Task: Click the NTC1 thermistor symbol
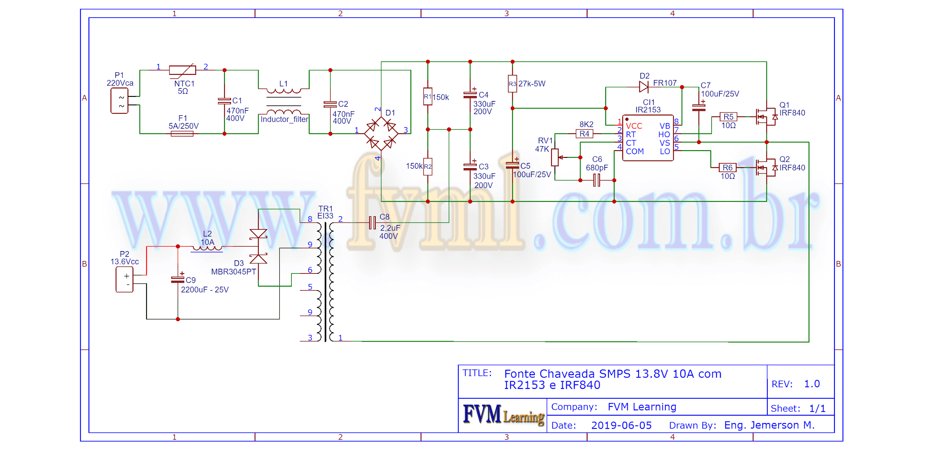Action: (x=182, y=70)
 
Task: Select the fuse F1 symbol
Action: (x=182, y=134)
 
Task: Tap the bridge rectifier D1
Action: (x=381, y=134)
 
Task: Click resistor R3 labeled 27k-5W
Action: (x=512, y=84)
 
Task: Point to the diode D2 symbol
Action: (x=643, y=87)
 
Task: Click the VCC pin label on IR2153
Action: (x=634, y=126)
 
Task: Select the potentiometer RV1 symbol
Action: (x=555, y=157)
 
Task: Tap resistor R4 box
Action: (x=584, y=134)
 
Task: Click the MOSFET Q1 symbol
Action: (x=765, y=117)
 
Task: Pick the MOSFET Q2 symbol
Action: (x=765, y=168)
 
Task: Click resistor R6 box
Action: (x=727, y=168)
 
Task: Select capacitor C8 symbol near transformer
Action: (x=372, y=223)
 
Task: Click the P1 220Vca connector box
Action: (x=119, y=101)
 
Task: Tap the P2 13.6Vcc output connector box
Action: (x=124, y=280)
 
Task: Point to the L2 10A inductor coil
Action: (x=207, y=248)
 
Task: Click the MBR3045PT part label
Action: (x=233, y=272)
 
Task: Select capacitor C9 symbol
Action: (x=178, y=280)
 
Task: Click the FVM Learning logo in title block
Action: (x=503, y=415)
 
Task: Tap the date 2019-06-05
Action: (x=621, y=425)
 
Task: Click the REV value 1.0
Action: (x=811, y=384)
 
